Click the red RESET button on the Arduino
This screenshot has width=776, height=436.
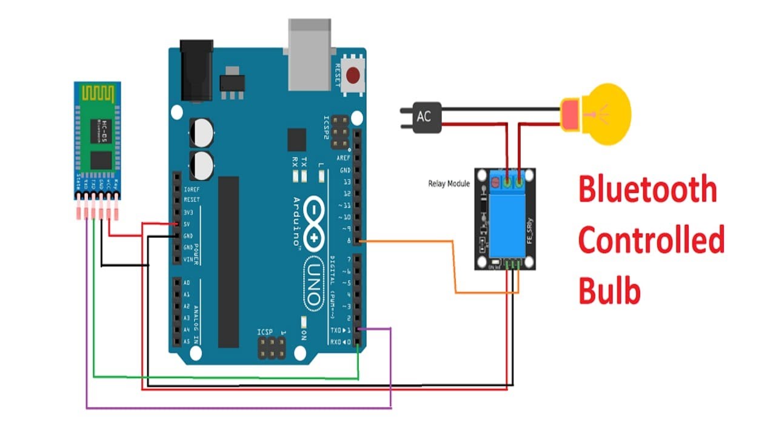point(353,76)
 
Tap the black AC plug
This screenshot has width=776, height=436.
point(424,116)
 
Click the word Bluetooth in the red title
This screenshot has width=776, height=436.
point(647,190)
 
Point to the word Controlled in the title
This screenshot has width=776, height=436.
point(651,240)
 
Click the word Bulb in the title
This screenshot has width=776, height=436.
point(609,291)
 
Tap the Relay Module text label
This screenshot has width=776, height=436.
point(449,183)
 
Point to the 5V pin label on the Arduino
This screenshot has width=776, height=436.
point(189,224)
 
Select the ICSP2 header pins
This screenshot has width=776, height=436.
point(341,134)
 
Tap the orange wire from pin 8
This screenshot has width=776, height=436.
point(455,266)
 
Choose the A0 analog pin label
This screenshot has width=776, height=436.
point(186,283)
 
